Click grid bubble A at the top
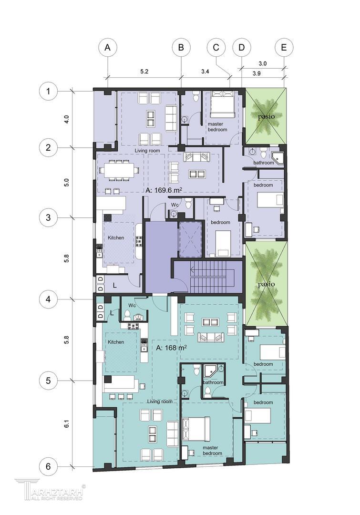click(107, 48)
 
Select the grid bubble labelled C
click(216, 48)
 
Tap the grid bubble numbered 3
click(48, 217)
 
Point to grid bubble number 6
click(48, 466)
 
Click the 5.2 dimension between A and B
click(144, 71)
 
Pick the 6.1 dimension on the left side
click(67, 424)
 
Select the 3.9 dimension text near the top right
click(257, 73)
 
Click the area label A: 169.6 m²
click(164, 189)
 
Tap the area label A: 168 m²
click(172, 348)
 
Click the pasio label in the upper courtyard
click(266, 116)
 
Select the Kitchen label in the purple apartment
click(116, 237)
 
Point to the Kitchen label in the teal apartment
click(116, 342)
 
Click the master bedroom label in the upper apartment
click(217, 127)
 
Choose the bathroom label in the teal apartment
click(213, 382)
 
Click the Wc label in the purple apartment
click(175, 205)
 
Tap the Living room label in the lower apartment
click(160, 402)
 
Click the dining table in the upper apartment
click(119, 170)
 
